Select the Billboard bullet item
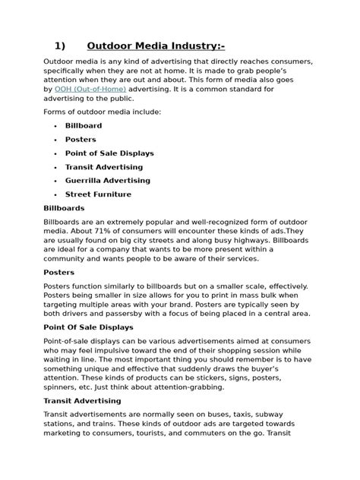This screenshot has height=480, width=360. pyautogui.click(x=84, y=125)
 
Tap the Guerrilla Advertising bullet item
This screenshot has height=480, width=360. pyautogui.click(x=108, y=181)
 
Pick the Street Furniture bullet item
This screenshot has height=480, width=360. pyautogui.click(x=98, y=194)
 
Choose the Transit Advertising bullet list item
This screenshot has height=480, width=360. pyautogui.click(x=104, y=167)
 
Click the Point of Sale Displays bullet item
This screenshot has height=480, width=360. pyautogui.click(x=109, y=153)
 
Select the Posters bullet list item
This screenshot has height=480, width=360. pyautogui.click(x=81, y=140)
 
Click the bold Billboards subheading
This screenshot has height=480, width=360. pyautogui.click(x=64, y=207)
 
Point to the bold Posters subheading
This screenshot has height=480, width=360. pyautogui.click(x=58, y=271)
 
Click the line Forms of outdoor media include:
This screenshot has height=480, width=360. pyautogui.click(x=102, y=112)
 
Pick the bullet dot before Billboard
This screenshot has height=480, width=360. pyautogui.click(x=57, y=126)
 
